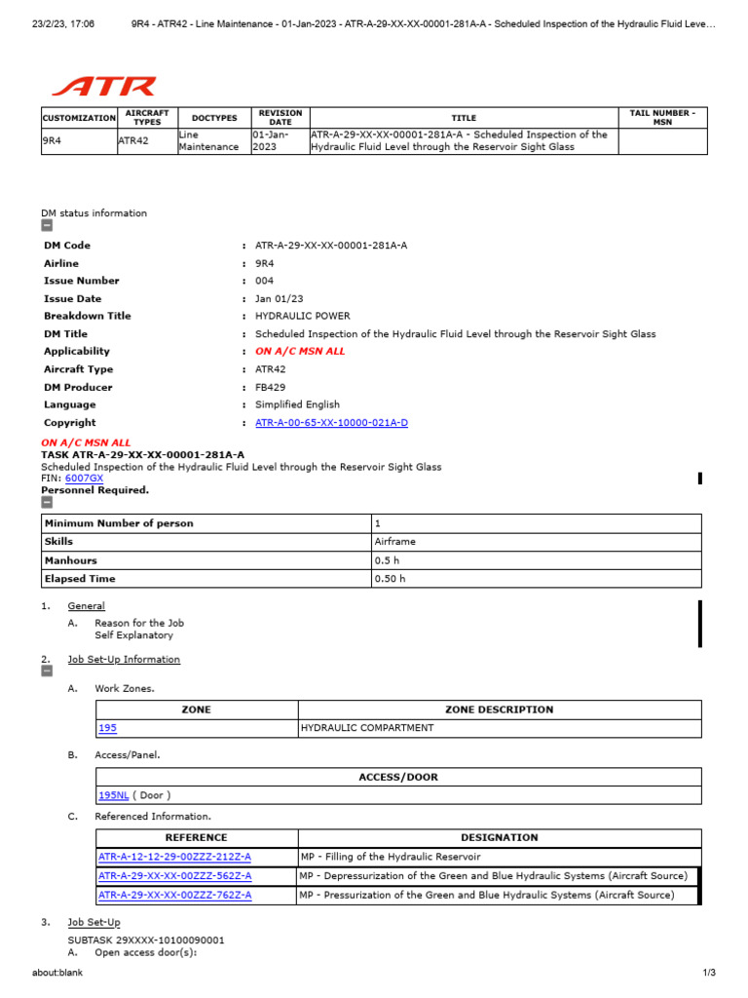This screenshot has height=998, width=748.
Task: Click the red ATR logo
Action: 104,87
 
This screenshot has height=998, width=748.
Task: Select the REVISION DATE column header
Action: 280,117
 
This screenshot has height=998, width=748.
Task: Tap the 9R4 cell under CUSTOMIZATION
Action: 51,140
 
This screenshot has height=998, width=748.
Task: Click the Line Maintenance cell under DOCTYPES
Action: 207,140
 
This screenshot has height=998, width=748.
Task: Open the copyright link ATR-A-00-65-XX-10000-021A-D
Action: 331,423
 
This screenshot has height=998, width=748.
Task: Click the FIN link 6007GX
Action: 84,479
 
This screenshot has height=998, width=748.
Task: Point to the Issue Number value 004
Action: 265,281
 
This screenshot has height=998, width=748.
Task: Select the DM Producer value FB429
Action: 271,387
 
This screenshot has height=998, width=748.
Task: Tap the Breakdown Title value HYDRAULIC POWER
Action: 302,316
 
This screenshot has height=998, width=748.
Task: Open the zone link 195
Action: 107,728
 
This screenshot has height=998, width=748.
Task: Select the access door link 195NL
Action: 113,795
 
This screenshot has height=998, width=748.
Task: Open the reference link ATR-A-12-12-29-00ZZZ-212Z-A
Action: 174,857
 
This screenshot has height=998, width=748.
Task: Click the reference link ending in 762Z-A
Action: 174,895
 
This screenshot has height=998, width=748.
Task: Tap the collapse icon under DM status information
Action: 47,226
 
